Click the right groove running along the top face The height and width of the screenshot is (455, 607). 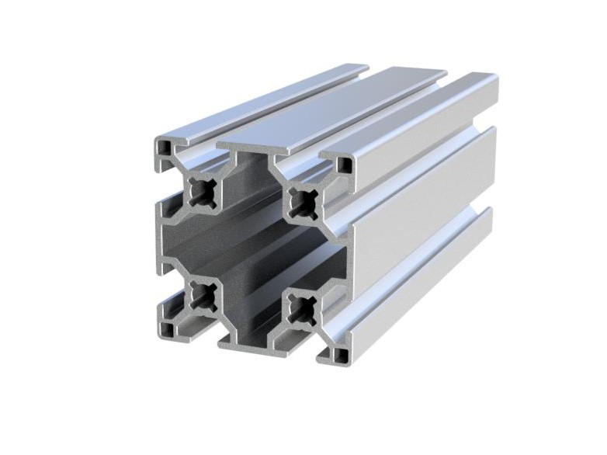point(388,116)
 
